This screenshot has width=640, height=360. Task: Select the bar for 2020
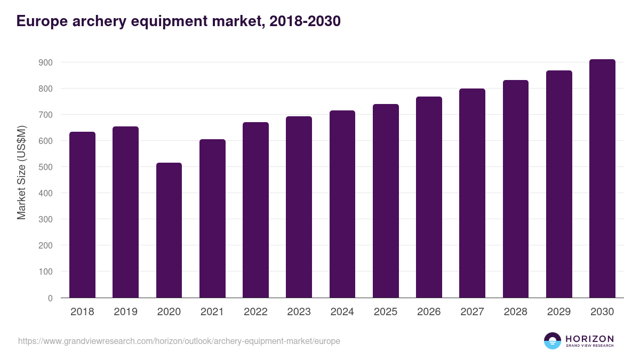[x=169, y=230]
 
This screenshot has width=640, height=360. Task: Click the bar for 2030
[x=602, y=179]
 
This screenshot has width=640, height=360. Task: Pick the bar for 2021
[x=212, y=219]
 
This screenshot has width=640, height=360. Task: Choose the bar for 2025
[x=386, y=201]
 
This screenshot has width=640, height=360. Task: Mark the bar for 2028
[x=516, y=189]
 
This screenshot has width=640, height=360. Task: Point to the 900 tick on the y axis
[x=45, y=62]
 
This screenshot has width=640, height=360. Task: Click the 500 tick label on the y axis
[x=45, y=167]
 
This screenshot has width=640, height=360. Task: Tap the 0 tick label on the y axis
[x=50, y=298]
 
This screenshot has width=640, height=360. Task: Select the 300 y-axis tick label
[x=45, y=219]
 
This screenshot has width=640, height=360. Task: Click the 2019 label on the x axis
[x=125, y=312]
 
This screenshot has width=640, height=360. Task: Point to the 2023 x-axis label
[x=299, y=312]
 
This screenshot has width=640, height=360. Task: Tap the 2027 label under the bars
[x=472, y=312]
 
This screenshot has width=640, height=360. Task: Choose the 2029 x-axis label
[x=559, y=312]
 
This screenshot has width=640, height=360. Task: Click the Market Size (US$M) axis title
[x=22, y=172]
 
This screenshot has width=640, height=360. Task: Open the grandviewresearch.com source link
[x=179, y=341]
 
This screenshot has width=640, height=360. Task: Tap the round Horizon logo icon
[x=552, y=341]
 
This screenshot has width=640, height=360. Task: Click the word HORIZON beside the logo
[x=589, y=338]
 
